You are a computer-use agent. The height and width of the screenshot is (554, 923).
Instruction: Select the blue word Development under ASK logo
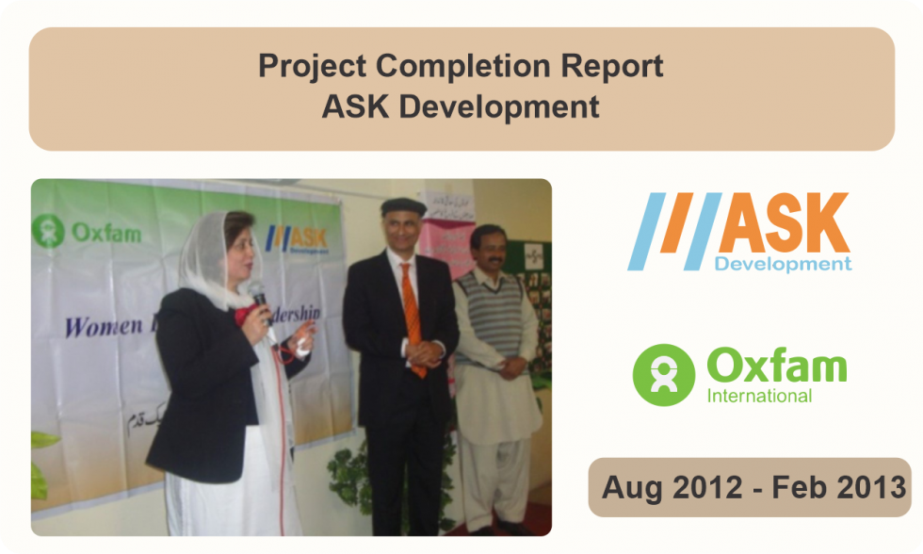click(x=783, y=264)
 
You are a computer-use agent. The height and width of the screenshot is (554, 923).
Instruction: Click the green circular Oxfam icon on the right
click(x=663, y=374)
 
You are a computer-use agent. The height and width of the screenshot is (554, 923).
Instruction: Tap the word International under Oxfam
click(x=759, y=396)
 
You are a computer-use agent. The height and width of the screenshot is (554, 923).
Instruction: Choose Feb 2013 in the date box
click(x=837, y=488)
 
